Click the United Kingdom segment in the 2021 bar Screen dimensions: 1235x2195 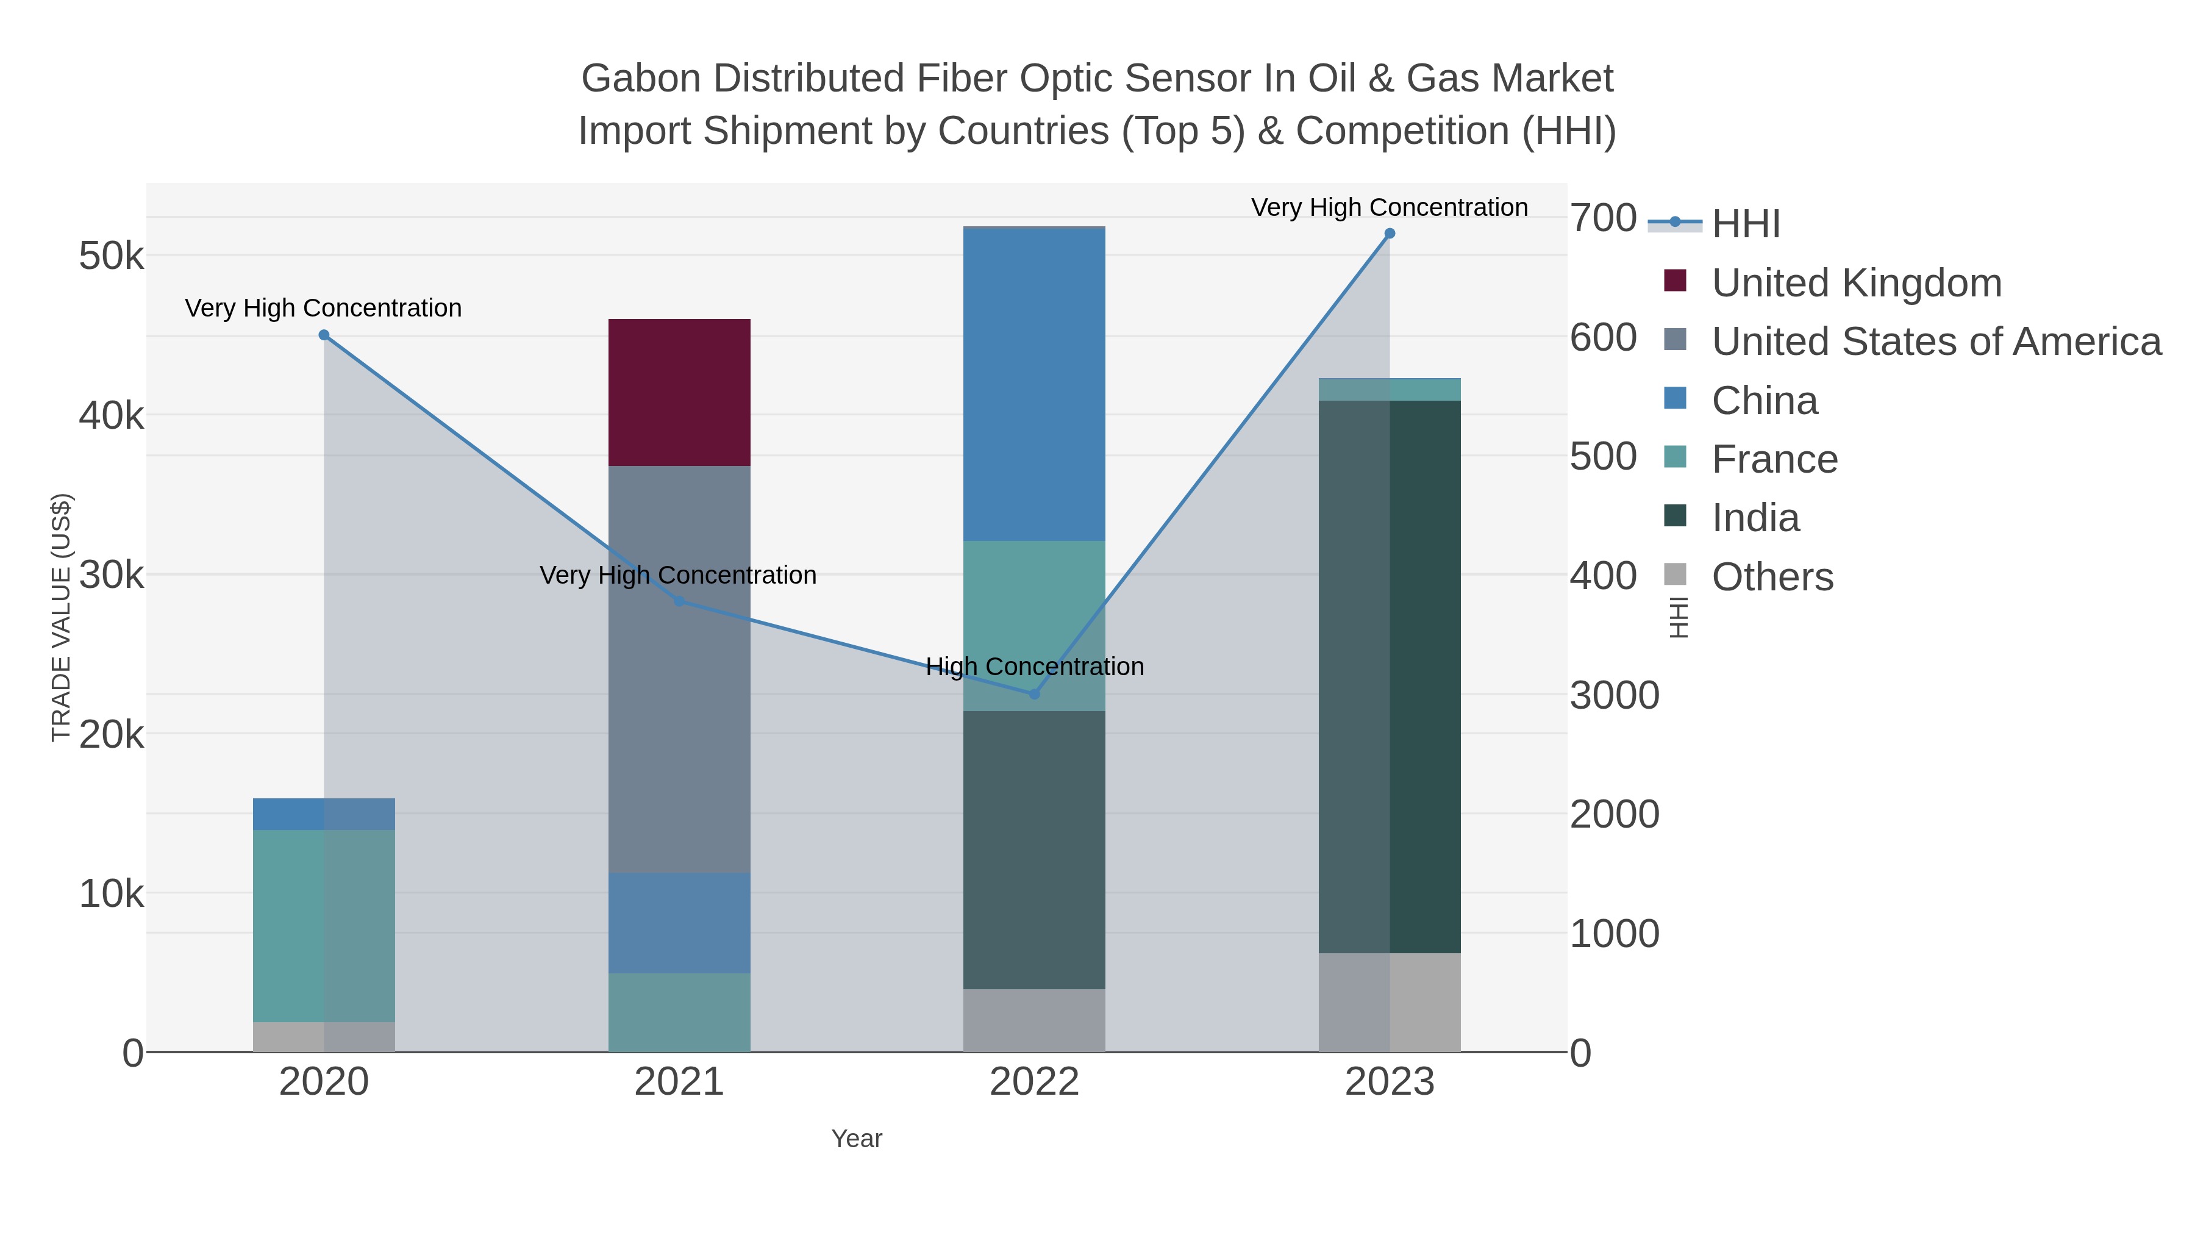coord(679,392)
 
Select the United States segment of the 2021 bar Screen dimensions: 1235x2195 coord(679,669)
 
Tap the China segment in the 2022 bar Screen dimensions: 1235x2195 coord(1033,384)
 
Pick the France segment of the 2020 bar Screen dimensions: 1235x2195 coord(324,925)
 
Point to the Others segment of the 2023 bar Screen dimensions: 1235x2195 coord(1389,1001)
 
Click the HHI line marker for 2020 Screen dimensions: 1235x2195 coord(324,335)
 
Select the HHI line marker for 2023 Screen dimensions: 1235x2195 coord(1390,234)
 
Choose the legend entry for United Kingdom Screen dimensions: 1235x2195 coord(1856,283)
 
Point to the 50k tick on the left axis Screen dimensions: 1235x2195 coord(112,256)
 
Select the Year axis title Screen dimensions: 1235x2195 coord(857,1139)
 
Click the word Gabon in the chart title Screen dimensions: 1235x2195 coord(640,79)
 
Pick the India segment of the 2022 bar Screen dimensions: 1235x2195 coord(1033,850)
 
